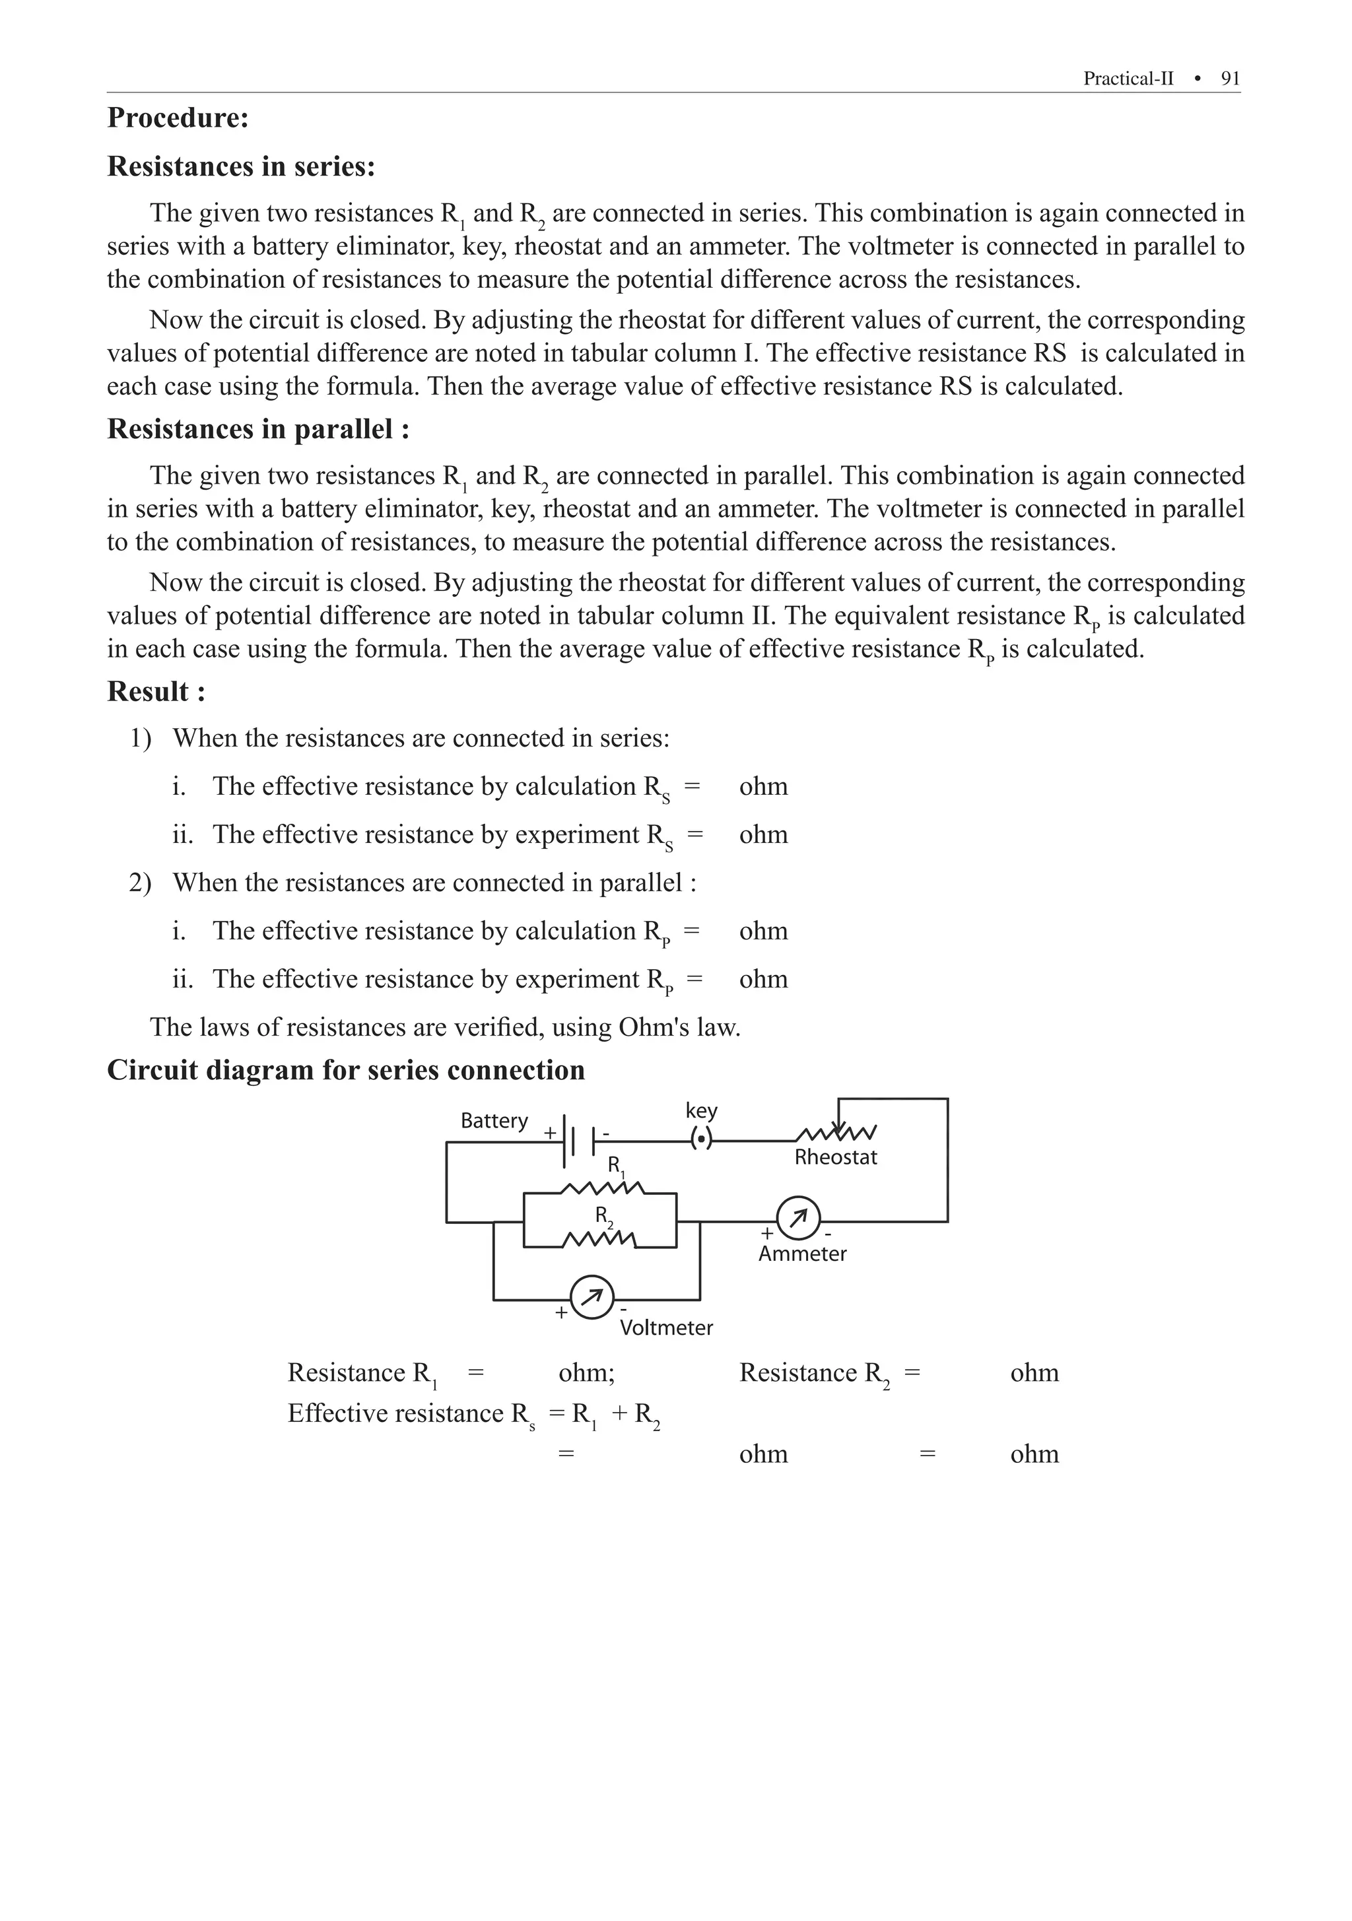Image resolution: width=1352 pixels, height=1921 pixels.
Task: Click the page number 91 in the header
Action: click(1230, 79)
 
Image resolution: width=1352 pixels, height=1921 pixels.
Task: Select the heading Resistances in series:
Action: click(241, 166)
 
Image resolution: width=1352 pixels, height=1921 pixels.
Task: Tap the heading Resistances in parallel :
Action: click(257, 429)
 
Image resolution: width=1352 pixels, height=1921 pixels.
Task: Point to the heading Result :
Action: click(156, 692)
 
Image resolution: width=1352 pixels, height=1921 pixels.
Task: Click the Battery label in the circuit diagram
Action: click(494, 1121)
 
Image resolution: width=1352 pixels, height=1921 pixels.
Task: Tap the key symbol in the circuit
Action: click(701, 1139)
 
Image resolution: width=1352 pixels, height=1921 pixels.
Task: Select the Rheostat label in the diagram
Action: click(835, 1158)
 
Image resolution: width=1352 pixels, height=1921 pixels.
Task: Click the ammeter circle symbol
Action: click(798, 1219)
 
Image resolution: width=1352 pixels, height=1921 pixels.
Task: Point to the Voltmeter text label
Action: click(666, 1328)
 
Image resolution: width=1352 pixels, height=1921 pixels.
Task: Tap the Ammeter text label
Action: click(801, 1254)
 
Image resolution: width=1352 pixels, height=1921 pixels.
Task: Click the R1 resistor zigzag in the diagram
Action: click(601, 1188)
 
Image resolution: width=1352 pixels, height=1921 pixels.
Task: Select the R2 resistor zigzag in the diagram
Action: click(600, 1239)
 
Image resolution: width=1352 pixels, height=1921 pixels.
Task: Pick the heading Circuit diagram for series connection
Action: click(345, 1071)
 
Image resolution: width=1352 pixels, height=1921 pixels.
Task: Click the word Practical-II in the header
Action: click(1128, 79)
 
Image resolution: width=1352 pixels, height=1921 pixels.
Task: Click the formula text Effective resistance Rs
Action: click(411, 1414)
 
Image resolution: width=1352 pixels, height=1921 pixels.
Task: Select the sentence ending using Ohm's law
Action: click(444, 1027)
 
